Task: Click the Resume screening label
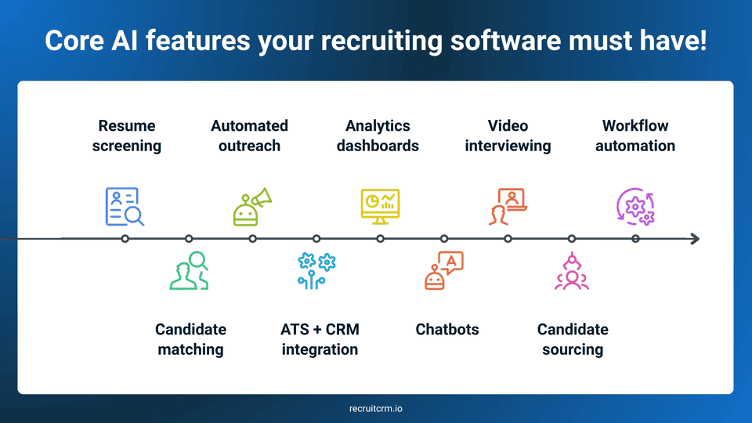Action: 126,136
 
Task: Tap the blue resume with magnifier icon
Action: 125,207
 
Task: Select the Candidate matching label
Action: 190,339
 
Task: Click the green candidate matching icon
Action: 189,270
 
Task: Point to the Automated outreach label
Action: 249,136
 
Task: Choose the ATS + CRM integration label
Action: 320,339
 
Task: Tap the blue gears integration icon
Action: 316,271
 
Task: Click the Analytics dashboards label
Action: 378,136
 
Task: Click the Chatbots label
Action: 446,329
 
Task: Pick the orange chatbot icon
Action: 444,271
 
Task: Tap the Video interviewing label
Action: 508,136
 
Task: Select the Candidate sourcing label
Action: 573,339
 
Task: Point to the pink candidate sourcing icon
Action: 572,271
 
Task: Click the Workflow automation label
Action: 634,136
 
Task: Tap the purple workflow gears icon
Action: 635,207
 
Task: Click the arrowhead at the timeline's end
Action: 695,239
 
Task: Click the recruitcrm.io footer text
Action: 376,409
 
